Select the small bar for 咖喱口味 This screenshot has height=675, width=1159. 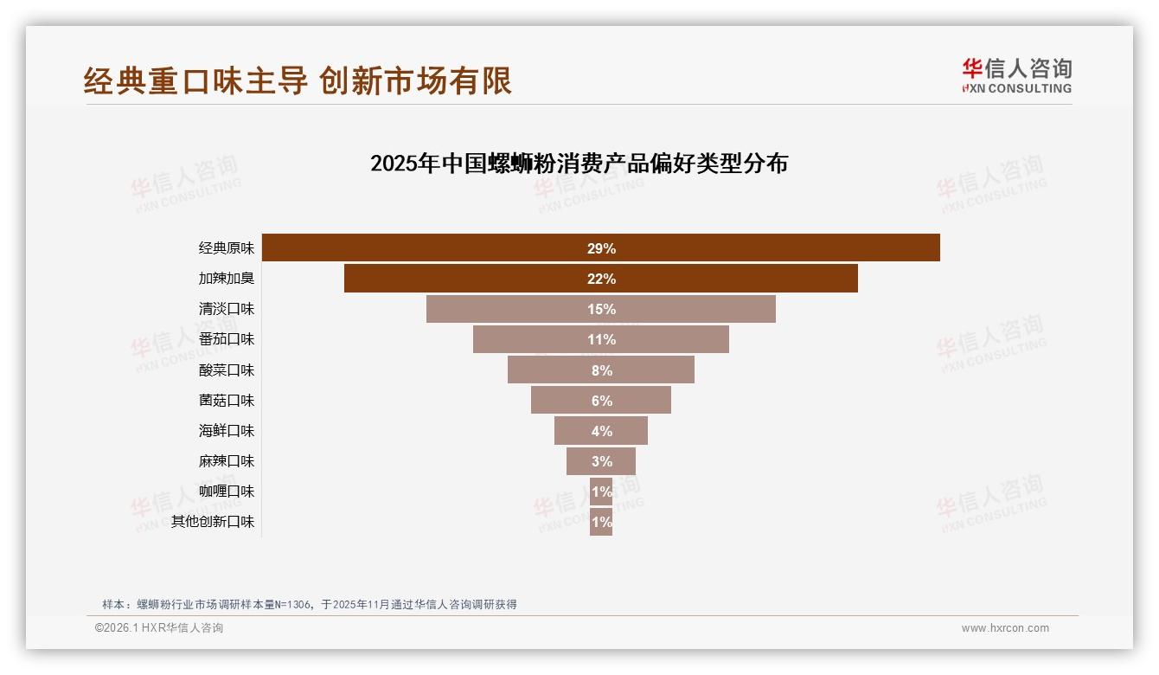pos(601,492)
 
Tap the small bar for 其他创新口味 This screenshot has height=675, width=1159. pos(601,522)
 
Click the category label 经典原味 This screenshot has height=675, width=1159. pos(227,248)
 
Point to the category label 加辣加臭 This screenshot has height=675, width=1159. pos(227,279)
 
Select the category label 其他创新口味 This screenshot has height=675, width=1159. pos(213,522)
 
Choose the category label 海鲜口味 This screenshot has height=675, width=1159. pos(227,431)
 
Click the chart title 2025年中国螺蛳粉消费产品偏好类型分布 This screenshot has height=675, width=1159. pos(579,164)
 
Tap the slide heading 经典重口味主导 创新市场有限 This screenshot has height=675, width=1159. pos(298,80)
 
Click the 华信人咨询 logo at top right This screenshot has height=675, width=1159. pos(1016,76)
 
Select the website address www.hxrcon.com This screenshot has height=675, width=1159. pos(1005,628)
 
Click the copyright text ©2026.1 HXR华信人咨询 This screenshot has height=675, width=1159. pos(159,628)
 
